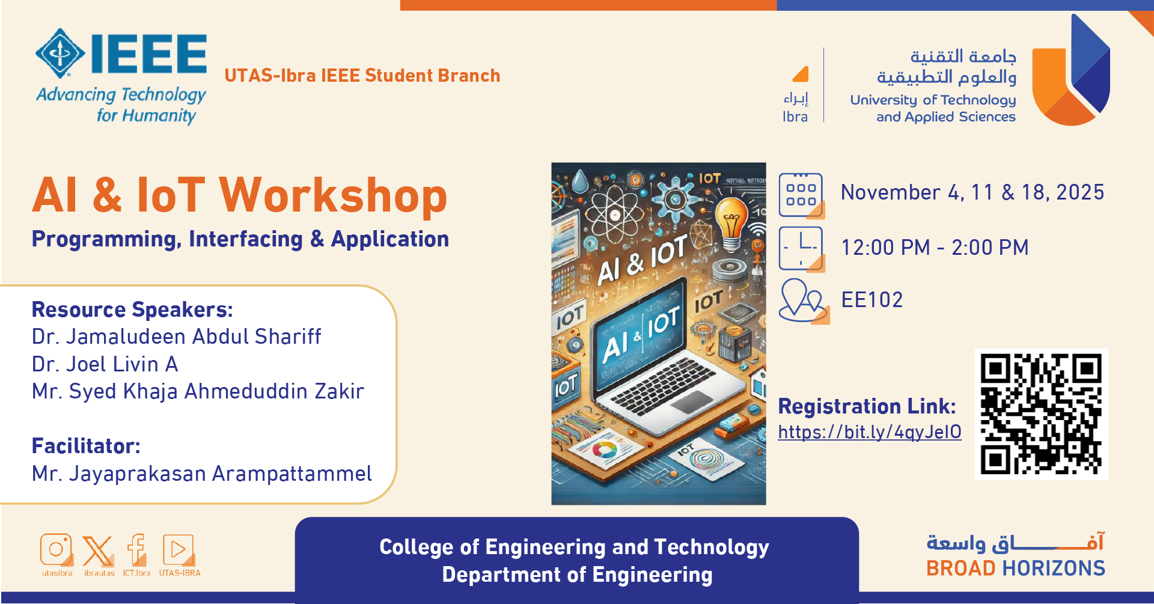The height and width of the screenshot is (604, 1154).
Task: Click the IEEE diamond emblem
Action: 60,53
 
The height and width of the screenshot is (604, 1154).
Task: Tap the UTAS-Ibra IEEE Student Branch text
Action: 362,76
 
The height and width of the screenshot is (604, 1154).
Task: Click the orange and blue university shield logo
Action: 1070,70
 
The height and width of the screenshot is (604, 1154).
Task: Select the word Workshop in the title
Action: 334,195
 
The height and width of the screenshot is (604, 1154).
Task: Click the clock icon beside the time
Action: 802,249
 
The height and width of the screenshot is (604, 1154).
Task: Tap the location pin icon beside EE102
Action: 804,301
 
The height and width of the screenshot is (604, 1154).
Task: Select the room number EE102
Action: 872,300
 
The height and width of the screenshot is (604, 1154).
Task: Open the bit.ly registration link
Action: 869,432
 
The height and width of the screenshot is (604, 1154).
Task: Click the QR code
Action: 1041,414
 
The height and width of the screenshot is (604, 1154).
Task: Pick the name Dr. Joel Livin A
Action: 105,364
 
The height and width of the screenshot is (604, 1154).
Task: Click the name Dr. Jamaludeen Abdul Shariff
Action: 177,337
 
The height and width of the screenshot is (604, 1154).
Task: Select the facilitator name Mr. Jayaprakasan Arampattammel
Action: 202,474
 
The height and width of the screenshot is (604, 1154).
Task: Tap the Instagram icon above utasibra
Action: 56,550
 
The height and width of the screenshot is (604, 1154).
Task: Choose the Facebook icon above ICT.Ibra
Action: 137,550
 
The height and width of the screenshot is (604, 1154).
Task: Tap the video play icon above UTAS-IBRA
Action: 179,550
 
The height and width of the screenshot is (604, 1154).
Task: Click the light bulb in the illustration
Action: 731,223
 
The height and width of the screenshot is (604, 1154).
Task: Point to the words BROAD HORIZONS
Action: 1016,568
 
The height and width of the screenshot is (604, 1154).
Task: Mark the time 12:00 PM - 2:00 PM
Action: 935,248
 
